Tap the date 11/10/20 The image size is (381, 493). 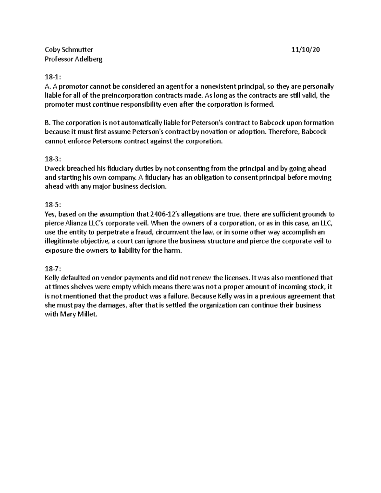[306, 50]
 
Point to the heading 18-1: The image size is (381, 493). [53, 77]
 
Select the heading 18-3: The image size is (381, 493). [53, 159]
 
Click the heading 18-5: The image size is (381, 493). [53, 205]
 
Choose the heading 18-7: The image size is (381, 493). [53, 269]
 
